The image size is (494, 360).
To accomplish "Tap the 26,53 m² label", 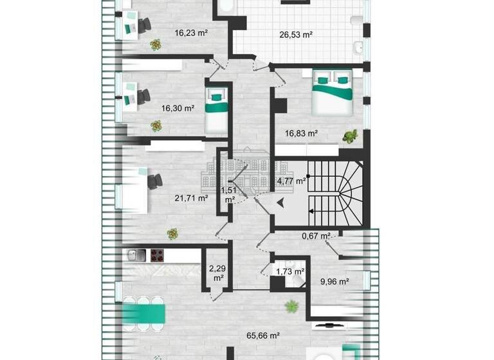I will pyautogui.click(x=296, y=35).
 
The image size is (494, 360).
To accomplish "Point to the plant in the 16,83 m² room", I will pyautogui.click(x=351, y=136).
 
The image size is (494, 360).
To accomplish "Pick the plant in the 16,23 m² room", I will pyautogui.click(x=156, y=44).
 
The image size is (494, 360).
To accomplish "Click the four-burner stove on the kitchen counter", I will pyautogui.click(x=156, y=255).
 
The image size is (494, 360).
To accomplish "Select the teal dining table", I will pyautogui.click(x=144, y=314).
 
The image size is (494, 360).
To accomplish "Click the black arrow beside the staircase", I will pyautogui.click(x=281, y=204).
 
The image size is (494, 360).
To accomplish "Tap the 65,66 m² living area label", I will pyautogui.click(x=264, y=336).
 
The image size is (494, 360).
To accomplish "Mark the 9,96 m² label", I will pyautogui.click(x=334, y=281).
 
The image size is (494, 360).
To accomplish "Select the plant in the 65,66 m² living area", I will pyautogui.click(x=293, y=307).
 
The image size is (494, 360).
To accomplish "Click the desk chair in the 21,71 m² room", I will pyautogui.click(x=154, y=182).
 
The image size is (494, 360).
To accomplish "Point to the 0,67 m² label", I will pyautogui.click(x=316, y=236).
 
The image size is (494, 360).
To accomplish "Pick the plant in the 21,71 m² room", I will pyautogui.click(x=172, y=233).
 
